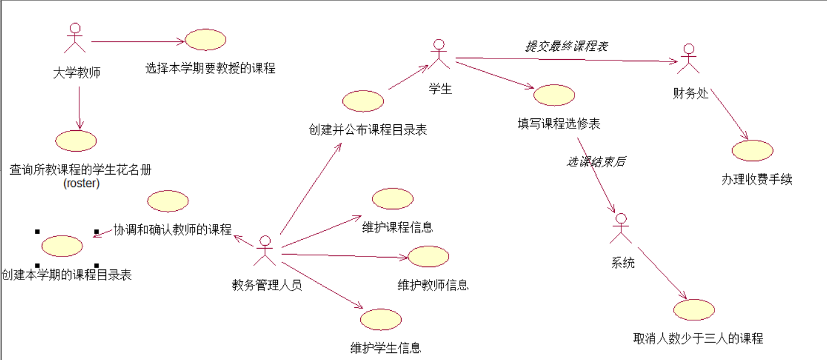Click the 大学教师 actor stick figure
(75, 38)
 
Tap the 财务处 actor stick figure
(688, 58)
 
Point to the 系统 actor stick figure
(620, 229)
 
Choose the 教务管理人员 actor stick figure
(265, 250)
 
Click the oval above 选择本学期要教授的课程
(206, 40)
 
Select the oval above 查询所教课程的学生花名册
(76, 141)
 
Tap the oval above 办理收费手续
(752, 150)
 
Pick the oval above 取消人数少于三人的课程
(694, 310)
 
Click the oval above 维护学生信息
(381, 319)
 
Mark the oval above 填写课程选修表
(554, 95)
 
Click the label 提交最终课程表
(567, 46)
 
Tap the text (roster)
(81, 184)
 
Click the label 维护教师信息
(433, 285)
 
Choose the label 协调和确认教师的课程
(172, 230)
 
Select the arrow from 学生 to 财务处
(566, 59)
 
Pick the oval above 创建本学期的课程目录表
(62, 246)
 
